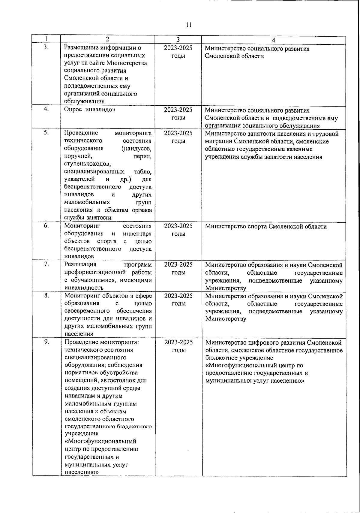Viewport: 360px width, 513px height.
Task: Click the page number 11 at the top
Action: coord(188,25)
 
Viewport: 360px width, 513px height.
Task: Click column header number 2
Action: coord(107,39)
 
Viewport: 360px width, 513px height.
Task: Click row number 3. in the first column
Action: coord(46,47)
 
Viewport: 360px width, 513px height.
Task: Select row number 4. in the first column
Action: coord(46,110)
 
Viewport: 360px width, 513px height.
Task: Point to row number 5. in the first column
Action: coord(46,133)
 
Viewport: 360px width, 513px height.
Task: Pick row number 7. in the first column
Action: coord(46,264)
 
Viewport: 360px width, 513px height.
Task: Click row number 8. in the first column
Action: coord(46,296)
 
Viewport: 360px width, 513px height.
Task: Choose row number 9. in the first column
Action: coord(46,342)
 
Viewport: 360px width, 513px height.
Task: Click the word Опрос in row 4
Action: coord(73,110)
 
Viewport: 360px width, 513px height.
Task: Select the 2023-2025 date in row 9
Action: coord(178,342)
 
